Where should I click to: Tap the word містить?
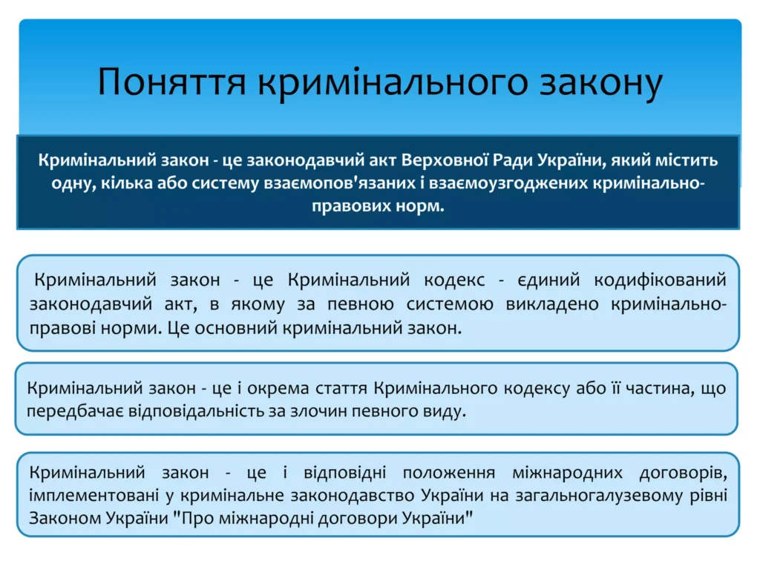tap(687, 160)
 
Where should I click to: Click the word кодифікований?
tap(660, 280)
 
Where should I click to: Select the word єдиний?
tap(548, 280)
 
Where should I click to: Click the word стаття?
tap(342, 388)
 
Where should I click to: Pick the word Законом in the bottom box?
tap(64, 519)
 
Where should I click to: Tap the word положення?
tap(449, 473)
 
